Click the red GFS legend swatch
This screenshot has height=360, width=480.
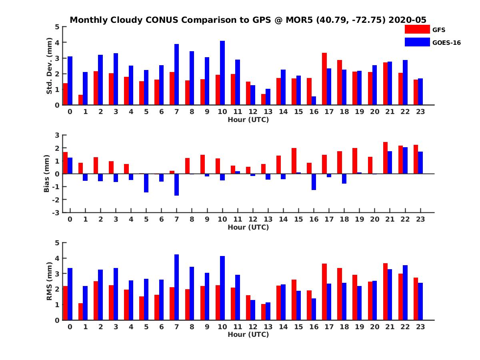(417, 29)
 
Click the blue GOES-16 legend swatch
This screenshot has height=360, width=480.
(417, 42)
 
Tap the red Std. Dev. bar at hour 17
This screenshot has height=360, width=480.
(324, 79)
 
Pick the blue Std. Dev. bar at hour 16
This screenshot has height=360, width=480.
(314, 101)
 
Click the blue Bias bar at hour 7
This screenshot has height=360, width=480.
(176, 184)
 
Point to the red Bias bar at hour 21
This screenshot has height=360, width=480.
(386, 158)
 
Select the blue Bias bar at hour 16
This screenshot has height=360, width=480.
(314, 182)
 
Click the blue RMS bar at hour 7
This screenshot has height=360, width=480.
(176, 287)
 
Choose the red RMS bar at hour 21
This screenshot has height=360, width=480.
(386, 292)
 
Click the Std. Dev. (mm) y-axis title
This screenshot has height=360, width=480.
(50, 66)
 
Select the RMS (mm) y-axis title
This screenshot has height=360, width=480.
(50, 281)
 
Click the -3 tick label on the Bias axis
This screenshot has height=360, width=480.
(56, 212)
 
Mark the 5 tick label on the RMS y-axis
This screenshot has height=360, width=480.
(57, 243)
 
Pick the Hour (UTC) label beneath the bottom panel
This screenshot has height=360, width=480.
(248, 334)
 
